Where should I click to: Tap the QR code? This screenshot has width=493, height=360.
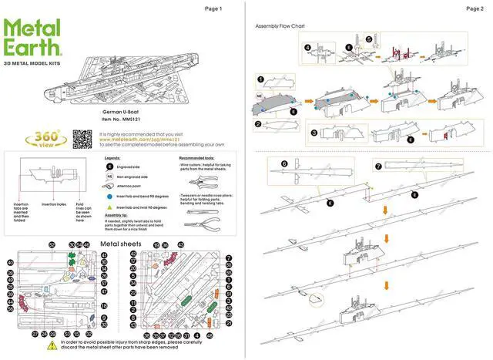coord(82,138)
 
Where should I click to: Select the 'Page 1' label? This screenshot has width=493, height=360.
coord(213,9)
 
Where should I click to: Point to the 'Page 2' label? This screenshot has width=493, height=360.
coord(475,9)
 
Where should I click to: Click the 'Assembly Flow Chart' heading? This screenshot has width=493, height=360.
coord(280,26)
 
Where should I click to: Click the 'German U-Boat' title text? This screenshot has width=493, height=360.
coord(118,112)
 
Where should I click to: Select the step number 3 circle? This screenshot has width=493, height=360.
coord(314,132)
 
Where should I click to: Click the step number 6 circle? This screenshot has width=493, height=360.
coord(284,164)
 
